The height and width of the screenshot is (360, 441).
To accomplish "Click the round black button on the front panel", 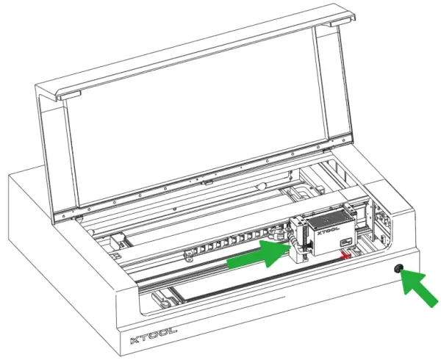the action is pyautogui.click(x=398, y=269).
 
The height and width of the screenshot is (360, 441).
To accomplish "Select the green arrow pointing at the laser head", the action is pyautogui.click(x=259, y=254).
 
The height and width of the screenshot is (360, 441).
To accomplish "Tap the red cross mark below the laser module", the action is pyautogui.click(x=345, y=256).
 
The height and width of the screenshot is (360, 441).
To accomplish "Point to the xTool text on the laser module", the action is pyautogui.click(x=329, y=231).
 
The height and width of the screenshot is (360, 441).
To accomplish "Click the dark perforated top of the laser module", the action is pyautogui.click(x=329, y=217).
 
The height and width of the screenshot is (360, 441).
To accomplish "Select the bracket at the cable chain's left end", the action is pyautogui.click(x=189, y=255).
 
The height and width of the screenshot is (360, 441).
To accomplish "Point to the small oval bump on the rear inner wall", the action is pyautogui.click(x=261, y=186).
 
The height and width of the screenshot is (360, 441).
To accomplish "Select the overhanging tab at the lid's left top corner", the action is pyautogui.click(x=68, y=96).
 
